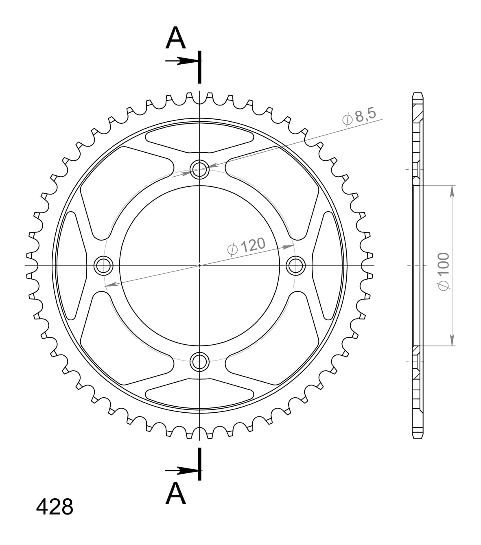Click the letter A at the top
(176, 38)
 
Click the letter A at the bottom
(176, 493)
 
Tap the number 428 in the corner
(55, 507)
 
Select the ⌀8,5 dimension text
(360, 117)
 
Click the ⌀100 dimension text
(443, 271)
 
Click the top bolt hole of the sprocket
(199, 169)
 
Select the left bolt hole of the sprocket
(103, 265)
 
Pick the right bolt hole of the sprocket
(295, 265)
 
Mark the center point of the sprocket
(199, 265)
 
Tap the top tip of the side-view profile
(418, 94)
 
